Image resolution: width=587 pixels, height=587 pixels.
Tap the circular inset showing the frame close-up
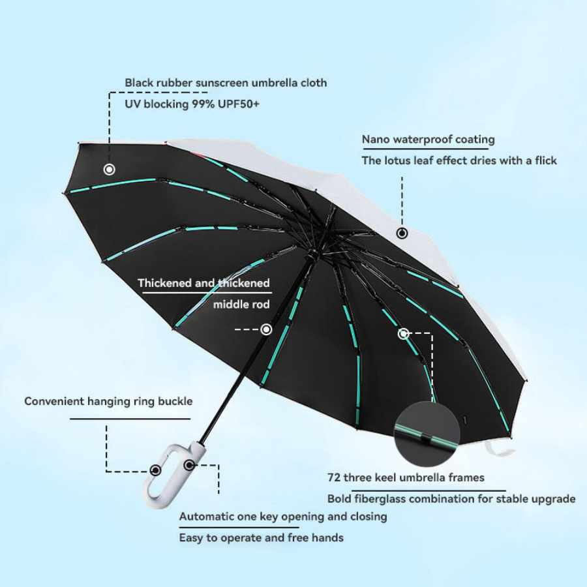point(427,434)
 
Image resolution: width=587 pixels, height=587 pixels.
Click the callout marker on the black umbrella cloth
point(110,170)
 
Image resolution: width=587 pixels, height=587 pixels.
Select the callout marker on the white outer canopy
point(402,233)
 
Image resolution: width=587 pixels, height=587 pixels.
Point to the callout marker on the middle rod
point(266,329)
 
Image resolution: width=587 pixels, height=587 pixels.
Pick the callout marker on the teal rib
point(403,333)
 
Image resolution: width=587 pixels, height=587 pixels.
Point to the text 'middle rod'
point(241,305)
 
